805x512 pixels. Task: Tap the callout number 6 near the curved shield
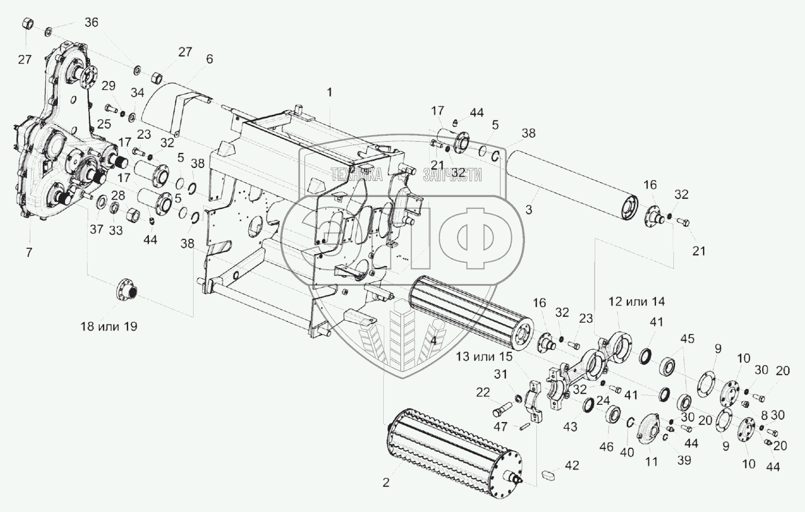[210, 59]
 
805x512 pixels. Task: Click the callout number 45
[688, 338]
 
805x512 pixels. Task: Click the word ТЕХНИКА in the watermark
[356, 174]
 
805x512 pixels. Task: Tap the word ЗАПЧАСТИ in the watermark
[452, 174]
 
